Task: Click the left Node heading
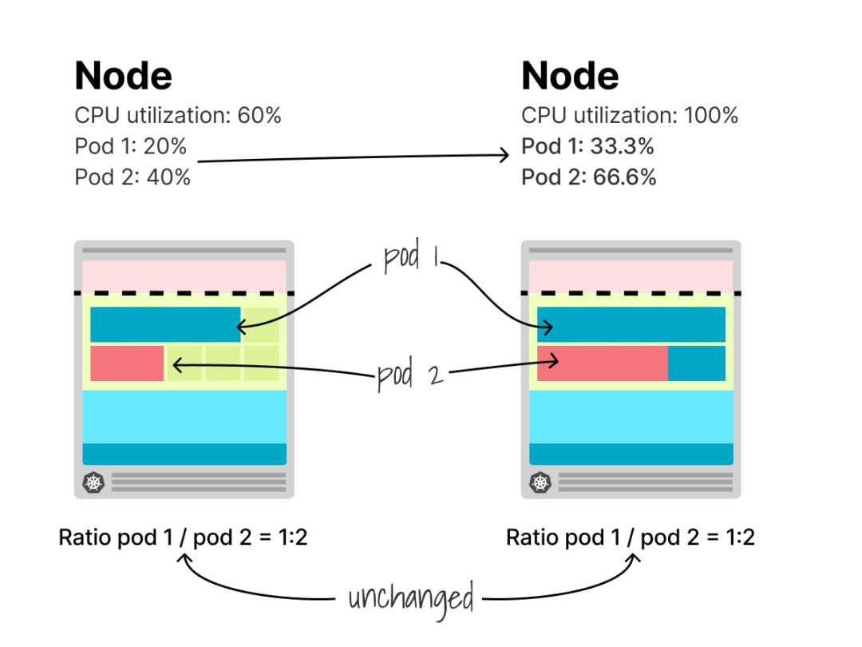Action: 123,76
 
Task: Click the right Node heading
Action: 570,76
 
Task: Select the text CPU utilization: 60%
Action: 178,116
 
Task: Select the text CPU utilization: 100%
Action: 630,116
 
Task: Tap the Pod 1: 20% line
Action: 130,147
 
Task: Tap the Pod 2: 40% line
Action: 132,177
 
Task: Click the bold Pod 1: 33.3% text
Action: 587,147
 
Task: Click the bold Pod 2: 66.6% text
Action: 589,177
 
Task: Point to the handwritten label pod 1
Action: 412,259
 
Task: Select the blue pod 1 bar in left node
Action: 165,324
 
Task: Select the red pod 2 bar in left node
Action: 127,363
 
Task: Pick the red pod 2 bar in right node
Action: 602,363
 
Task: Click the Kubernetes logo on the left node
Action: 94,482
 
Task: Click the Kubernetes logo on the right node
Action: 541,482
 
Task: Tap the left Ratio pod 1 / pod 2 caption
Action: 183,538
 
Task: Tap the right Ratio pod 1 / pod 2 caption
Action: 630,538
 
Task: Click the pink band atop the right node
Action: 631,276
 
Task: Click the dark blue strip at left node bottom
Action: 184,454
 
